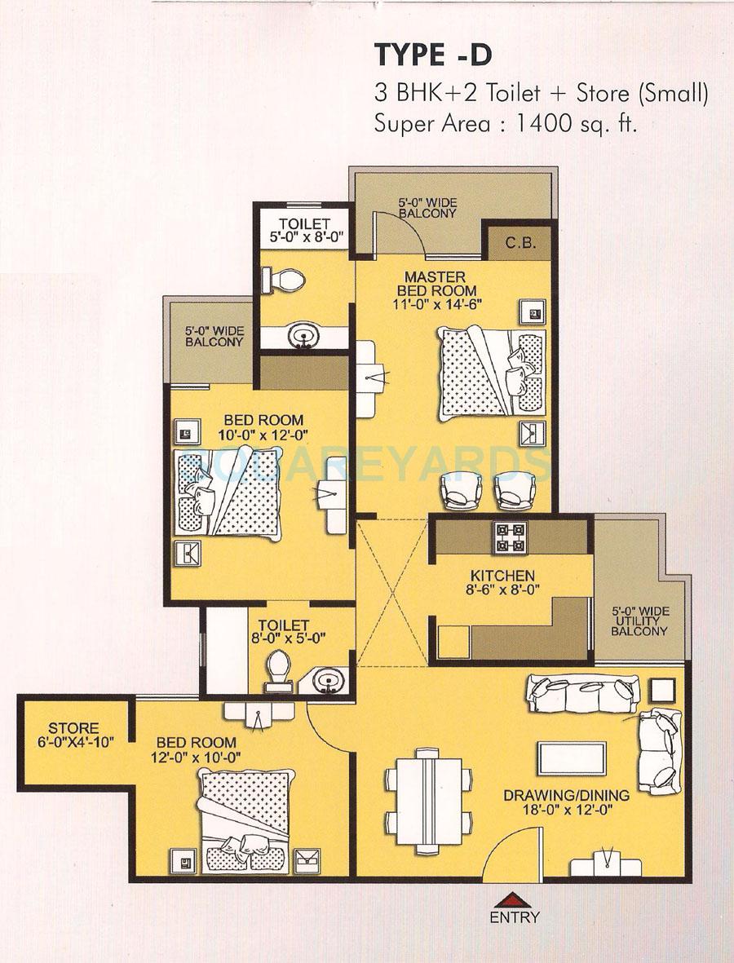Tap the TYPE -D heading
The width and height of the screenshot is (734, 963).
pyautogui.click(x=433, y=56)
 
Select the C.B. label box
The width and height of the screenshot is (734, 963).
pyautogui.click(x=520, y=242)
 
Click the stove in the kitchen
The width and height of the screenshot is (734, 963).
pyautogui.click(x=511, y=537)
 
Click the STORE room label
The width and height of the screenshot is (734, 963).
pyautogui.click(x=73, y=728)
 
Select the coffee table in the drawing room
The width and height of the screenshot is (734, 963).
pyautogui.click(x=571, y=759)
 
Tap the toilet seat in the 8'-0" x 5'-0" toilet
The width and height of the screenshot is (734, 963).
pyautogui.click(x=276, y=669)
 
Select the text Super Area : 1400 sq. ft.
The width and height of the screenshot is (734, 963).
pyautogui.click(x=505, y=125)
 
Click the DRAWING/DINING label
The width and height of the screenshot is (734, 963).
pyautogui.click(x=565, y=795)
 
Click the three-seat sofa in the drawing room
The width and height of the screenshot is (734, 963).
pyautogui.click(x=581, y=693)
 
